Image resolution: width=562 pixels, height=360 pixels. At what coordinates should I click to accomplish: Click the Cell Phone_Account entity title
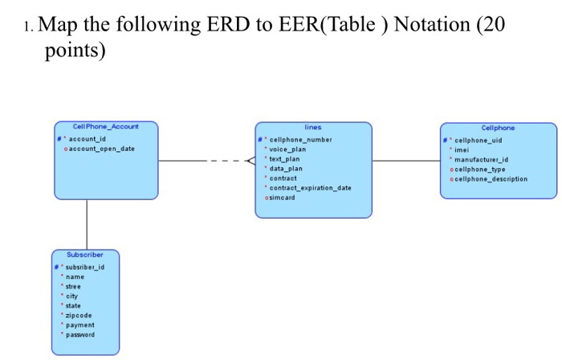tap(106, 127)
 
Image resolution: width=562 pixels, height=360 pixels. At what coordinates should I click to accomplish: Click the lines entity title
tap(313, 127)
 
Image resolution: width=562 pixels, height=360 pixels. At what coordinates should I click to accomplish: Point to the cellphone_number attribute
tap(302, 138)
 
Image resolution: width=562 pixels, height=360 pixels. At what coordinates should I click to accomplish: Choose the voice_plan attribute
tap(288, 149)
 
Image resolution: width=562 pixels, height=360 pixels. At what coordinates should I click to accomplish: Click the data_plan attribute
tap(287, 168)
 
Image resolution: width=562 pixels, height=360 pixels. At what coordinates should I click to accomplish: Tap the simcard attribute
tap(284, 198)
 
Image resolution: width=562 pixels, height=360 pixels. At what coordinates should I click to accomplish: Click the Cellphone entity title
tap(499, 128)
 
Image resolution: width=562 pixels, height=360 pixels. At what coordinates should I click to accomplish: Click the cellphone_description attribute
tap(490, 178)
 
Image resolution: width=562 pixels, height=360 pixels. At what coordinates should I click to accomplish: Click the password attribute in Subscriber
tap(81, 335)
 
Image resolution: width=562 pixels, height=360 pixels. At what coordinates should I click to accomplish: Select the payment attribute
tap(80, 325)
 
